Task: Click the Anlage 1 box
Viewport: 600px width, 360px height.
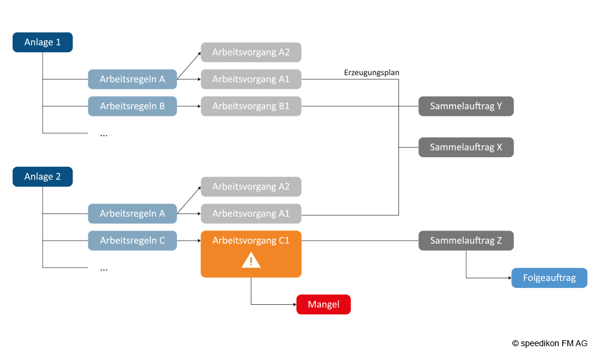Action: click(x=43, y=43)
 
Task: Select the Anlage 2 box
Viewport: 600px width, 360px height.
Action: click(x=43, y=177)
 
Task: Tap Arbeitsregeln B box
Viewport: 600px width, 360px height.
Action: click(x=133, y=106)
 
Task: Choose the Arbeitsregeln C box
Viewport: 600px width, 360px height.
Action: click(x=133, y=241)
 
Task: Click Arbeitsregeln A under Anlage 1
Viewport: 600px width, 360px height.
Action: click(x=133, y=79)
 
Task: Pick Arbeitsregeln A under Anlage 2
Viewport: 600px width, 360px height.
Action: click(x=133, y=214)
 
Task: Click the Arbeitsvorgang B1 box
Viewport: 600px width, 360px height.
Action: click(x=251, y=106)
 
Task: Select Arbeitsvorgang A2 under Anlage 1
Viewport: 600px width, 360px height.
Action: click(x=251, y=52)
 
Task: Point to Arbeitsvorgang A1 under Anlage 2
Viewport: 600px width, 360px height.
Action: click(x=251, y=214)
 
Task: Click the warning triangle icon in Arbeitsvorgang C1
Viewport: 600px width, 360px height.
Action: click(x=251, y=260)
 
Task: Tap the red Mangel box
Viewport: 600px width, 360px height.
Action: click(x=323, y=305)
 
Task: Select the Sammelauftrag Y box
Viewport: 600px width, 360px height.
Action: click(x=466, y=106)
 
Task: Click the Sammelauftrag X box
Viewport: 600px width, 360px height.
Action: click(x=466, y=147)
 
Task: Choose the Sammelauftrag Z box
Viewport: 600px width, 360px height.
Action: click(x=466, y=241)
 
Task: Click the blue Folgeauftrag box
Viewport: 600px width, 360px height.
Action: click(x=549, y=278)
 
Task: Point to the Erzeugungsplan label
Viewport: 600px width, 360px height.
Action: click(x=371, y=73)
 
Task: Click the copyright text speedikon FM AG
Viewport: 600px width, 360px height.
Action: click(x=550, y=343)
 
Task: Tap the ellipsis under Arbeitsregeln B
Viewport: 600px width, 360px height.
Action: click(x=104, y=134)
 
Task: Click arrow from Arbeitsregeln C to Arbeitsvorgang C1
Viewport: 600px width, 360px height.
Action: click(x=188, y=241)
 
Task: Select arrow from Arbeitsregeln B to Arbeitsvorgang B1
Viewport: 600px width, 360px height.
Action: click(x=188, y=106)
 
